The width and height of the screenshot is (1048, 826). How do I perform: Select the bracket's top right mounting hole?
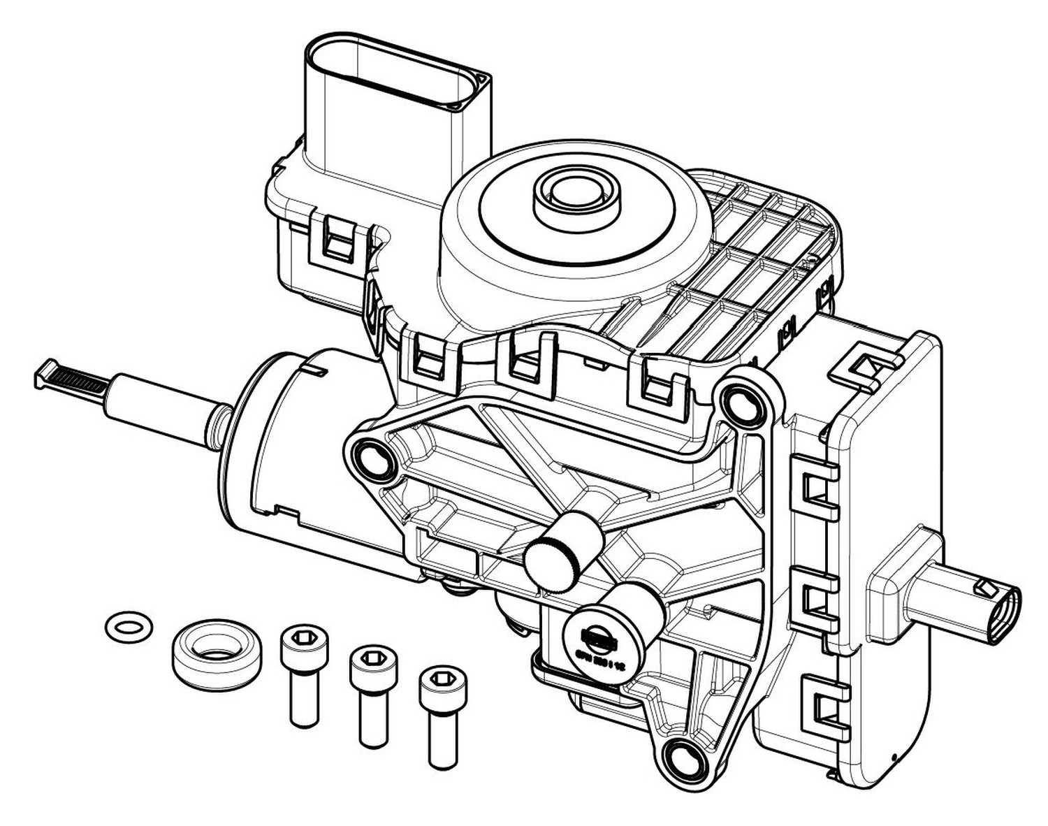tap(742, 403)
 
